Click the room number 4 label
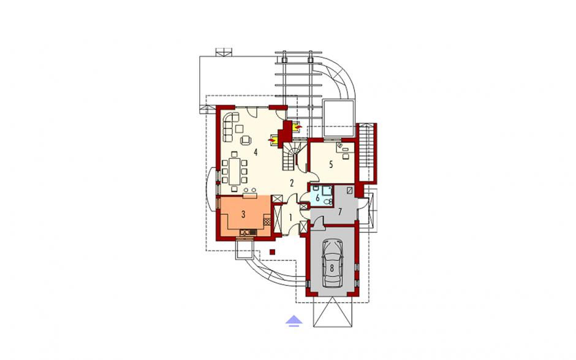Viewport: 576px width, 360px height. pos(256,151)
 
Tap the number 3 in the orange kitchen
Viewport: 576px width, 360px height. pos(243,215)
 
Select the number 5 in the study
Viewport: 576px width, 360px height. pos(331,165)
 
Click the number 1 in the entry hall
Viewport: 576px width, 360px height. pos(290,218)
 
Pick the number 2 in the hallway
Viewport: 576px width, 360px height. pos(292,183)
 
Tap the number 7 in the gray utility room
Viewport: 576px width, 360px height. pos(340,212)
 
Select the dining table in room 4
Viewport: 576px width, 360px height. pos(234,170)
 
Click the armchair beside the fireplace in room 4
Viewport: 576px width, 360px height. pos(245,139)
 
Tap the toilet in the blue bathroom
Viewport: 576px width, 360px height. pos(328,202)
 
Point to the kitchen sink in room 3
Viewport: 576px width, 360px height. pos(248,232)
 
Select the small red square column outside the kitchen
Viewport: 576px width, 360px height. pos(272,251)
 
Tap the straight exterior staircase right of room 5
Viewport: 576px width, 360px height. pos(366,153)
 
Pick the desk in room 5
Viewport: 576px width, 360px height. pos(346,148)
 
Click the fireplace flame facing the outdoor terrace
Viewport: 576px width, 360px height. pos(298,127)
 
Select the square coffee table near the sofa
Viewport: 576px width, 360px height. pos(240,128)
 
